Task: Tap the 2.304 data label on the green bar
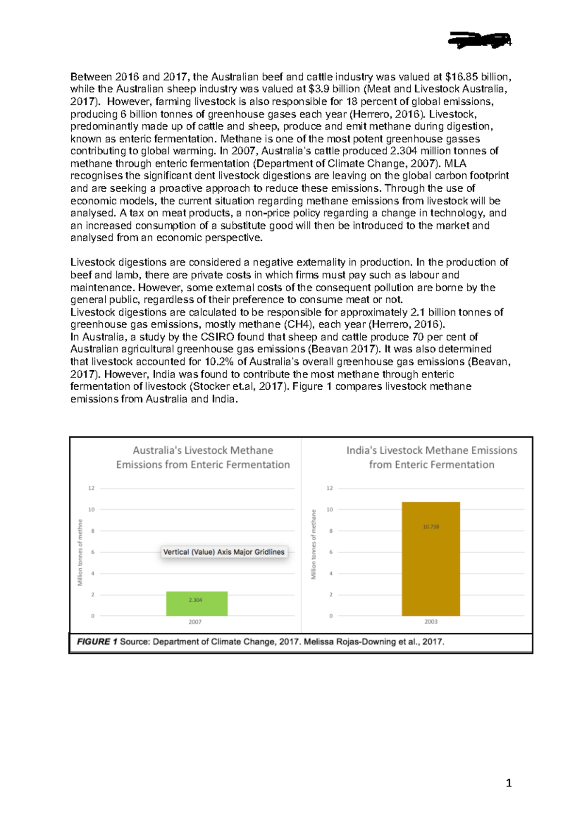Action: click(x=195, y=600)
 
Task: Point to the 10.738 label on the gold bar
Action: click(x=431, y=527)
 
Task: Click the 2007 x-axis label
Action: click(x=195, y=622)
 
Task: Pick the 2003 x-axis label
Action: click(x=431, y=622)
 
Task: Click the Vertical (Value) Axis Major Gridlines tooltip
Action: click(x=224, y=552)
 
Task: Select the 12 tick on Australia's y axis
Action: click(x=91, y=488)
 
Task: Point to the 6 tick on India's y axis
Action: click(x=331, y=552)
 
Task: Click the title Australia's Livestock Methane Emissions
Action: click(x=203, y=457)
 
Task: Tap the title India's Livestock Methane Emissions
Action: click(x=432, y=457)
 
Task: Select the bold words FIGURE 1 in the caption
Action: click(x=97, y=642)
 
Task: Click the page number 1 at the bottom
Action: click(x=508, y=783)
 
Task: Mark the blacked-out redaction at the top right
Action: click(x=479, y=41)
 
